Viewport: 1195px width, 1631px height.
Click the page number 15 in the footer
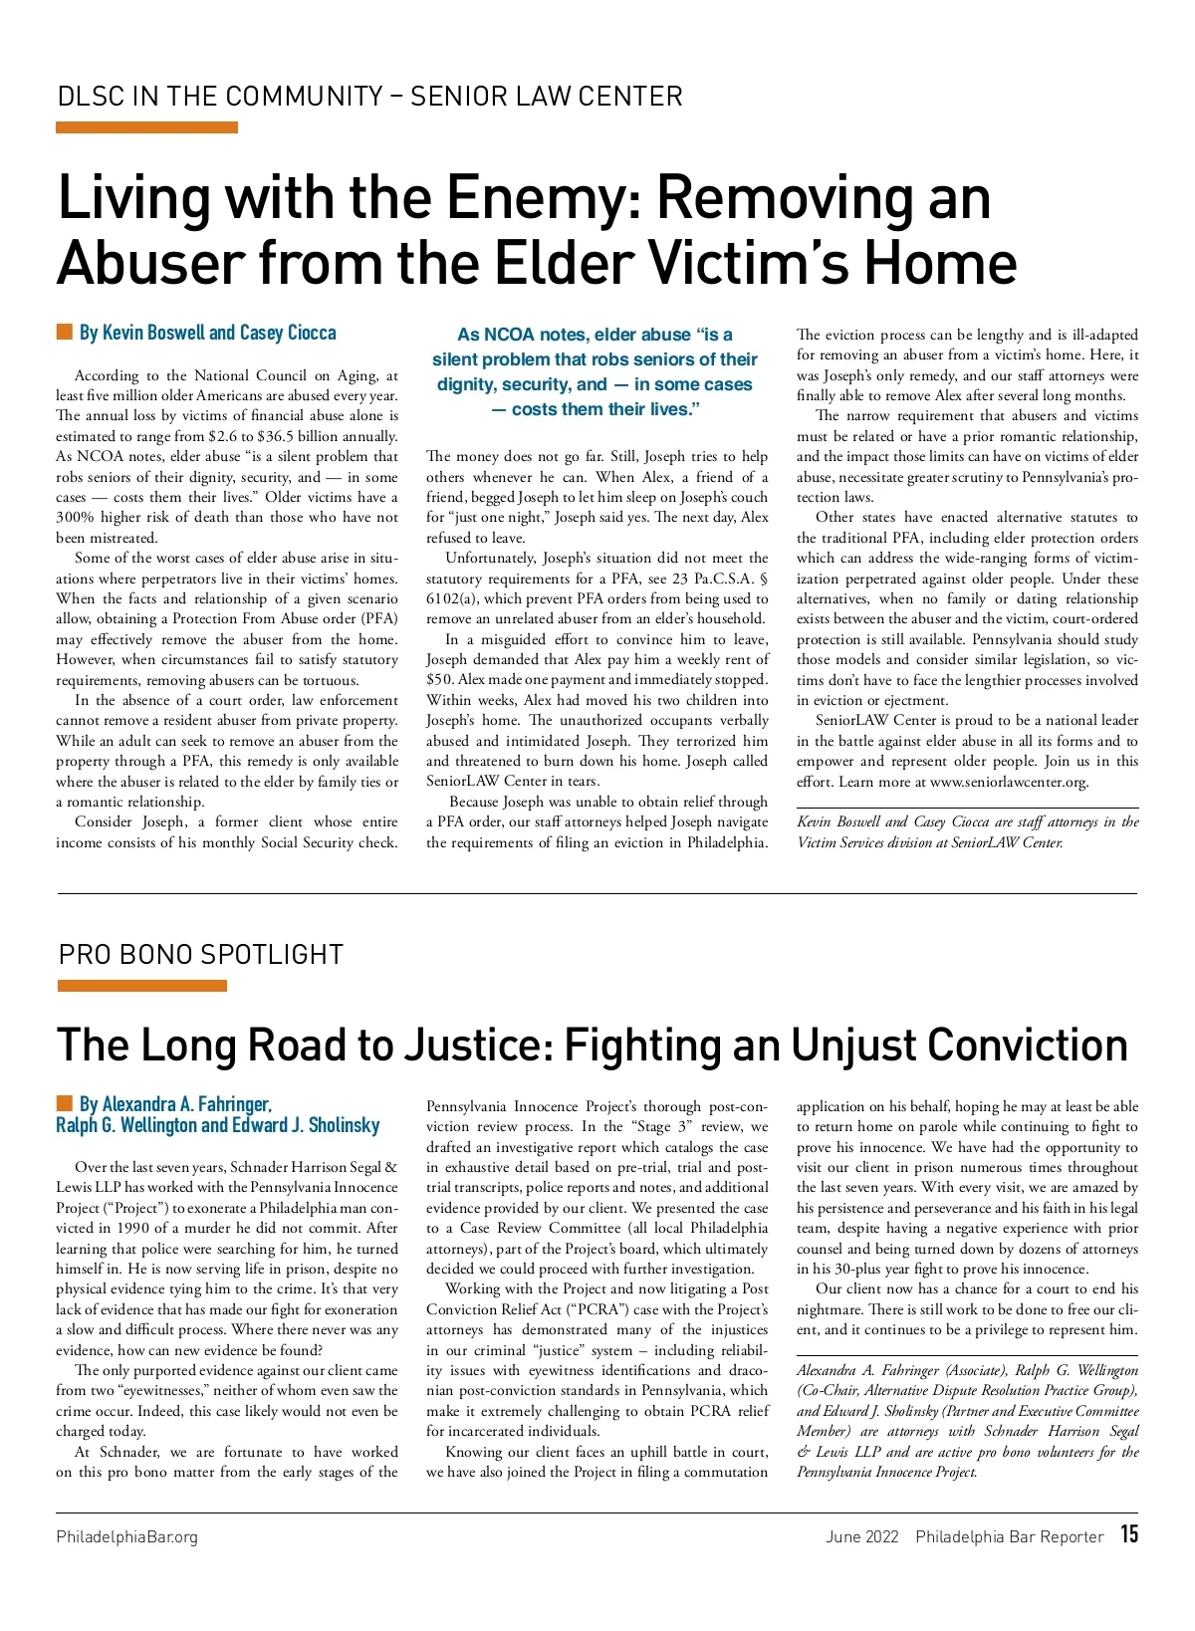tap(1128, 1534)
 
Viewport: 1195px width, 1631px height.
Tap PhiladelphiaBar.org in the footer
tap(126, 1536)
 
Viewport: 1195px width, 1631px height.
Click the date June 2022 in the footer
tap(861, 1536)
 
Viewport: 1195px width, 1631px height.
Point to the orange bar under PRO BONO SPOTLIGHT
tap(141, 986)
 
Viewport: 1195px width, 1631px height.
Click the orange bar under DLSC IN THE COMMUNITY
tap(146, 127)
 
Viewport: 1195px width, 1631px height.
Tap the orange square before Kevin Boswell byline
tap(65, 332)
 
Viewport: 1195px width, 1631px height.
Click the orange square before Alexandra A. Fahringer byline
tap(65, 1102)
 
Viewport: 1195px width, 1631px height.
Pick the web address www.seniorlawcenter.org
tap(1009, 782)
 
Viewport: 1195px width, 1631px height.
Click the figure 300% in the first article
tap(75, 518)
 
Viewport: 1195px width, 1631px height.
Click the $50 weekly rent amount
tap(439, 680)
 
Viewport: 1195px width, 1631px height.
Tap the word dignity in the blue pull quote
tap(463, 384)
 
